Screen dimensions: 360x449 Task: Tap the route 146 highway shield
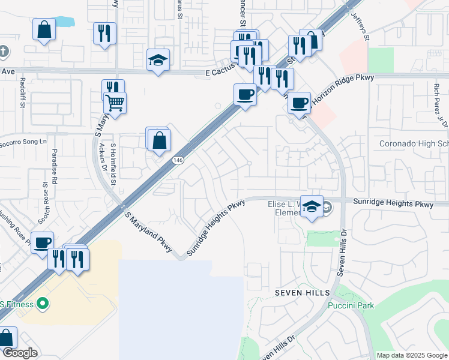click(x=178, y=160)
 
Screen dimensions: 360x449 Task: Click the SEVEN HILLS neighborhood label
click(x=303, y=292)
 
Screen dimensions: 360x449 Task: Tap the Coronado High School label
click(x=414, y=144)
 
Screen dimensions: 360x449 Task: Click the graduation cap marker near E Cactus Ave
click(x=158, y=60)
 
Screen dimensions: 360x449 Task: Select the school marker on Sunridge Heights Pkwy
click(x=312, y=206)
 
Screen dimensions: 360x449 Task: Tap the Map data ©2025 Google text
click(x=411, y=355)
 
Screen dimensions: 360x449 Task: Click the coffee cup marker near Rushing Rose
click(x=42, y=242)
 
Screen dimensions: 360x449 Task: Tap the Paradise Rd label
click(x=54, y=166)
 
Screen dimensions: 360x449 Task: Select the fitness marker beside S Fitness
click(x=42, y=304)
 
